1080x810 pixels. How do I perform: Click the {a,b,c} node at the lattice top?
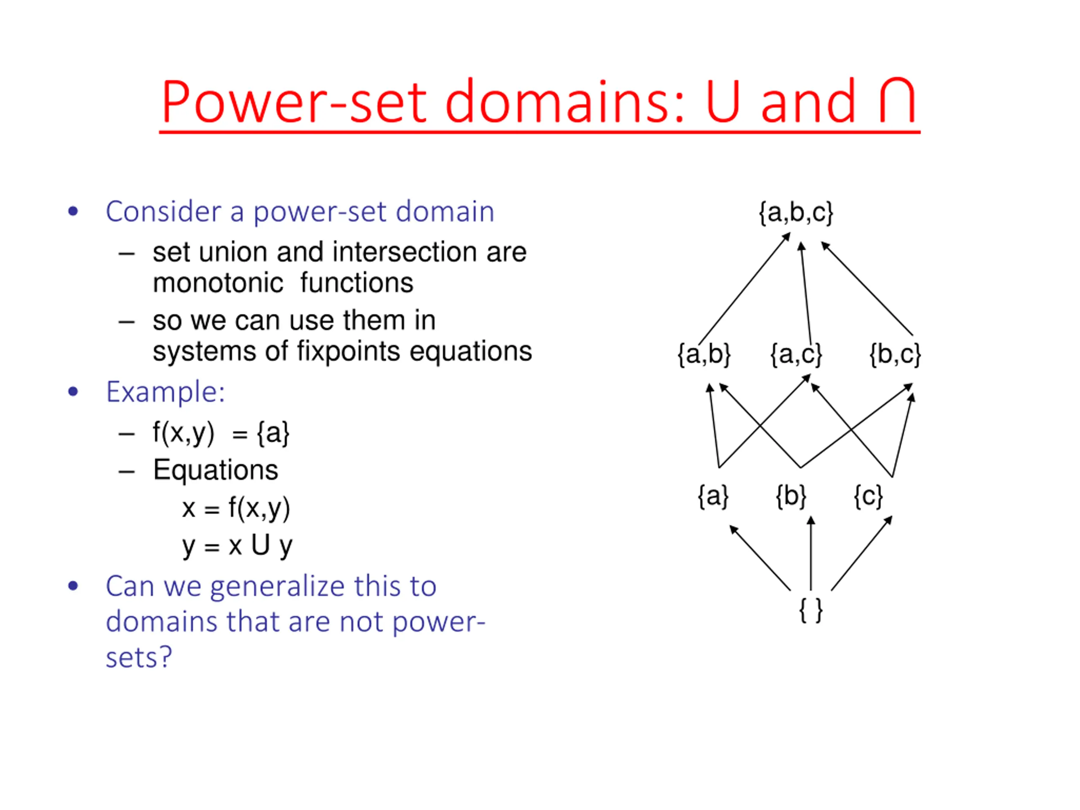[796, 213]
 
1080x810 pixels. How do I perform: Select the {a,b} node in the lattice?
[704, 354]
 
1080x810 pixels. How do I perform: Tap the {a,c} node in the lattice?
[796, 354]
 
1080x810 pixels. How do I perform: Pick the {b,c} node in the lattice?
[894, 354]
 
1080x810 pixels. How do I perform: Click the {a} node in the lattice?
[713, 497]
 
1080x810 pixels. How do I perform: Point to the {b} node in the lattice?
[791, 497]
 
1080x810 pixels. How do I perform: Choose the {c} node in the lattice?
[868, 497]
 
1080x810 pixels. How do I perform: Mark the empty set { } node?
[810, 610]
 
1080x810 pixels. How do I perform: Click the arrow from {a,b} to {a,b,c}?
[744, 289]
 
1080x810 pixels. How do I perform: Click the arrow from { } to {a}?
[760, 558]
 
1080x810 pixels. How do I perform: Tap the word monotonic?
[218, 283]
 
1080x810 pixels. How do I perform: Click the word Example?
[165, 391]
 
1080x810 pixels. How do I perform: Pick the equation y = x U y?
[237, 545]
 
